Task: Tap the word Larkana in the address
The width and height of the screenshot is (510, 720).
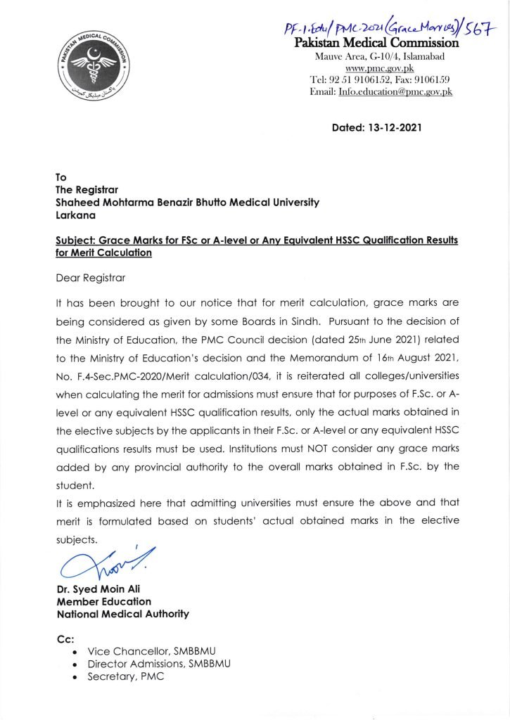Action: tap(76, 216)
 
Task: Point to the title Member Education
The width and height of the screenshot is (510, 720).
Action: tap(103, 601)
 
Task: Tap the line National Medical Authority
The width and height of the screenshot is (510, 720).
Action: tap(122, 614)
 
